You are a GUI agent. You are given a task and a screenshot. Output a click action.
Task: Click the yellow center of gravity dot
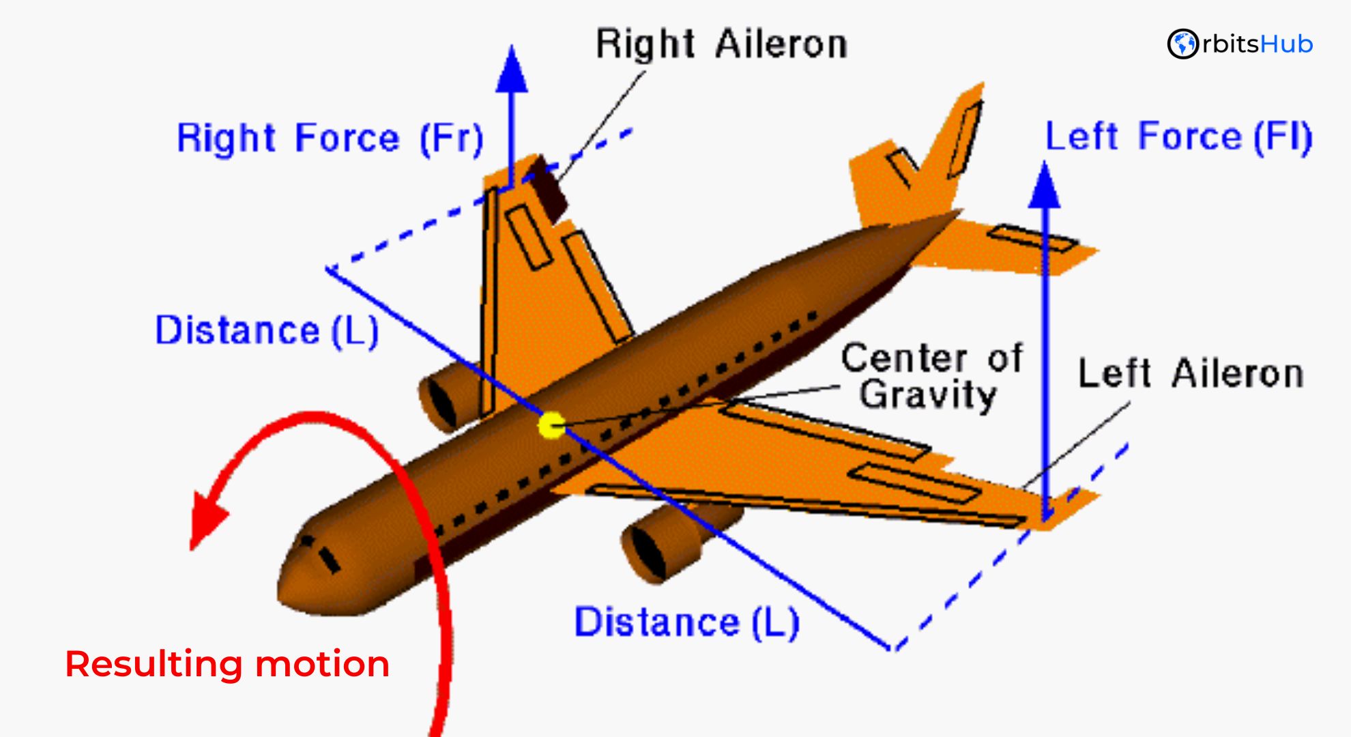click(x=551, y=426)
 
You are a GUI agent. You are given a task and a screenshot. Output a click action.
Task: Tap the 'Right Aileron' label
click(x=721, y=45)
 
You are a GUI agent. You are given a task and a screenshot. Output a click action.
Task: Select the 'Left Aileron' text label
click(x=1191, y=374)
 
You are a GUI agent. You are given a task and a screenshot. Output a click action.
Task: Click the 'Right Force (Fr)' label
click(x=330, y=139)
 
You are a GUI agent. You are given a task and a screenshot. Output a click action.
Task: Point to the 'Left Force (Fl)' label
click(x=1178, y=136)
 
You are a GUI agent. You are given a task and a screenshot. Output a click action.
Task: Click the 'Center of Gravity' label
click(x=931, y=377)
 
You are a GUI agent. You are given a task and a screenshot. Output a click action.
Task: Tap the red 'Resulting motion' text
click(x=227, y=663)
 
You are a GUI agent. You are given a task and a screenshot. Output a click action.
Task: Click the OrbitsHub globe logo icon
click(x=1182, y=44)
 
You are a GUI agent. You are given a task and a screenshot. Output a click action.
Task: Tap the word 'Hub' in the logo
click(x=1286, y=44)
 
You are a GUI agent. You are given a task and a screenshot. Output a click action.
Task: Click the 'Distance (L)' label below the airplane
click(x=686, y=622)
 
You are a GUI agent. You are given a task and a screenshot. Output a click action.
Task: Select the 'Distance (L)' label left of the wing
click(x=267, y=331)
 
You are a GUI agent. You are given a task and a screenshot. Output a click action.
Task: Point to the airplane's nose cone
click(x=300, y=580)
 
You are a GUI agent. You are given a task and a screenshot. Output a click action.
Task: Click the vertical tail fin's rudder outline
click(x=964, y=140)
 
